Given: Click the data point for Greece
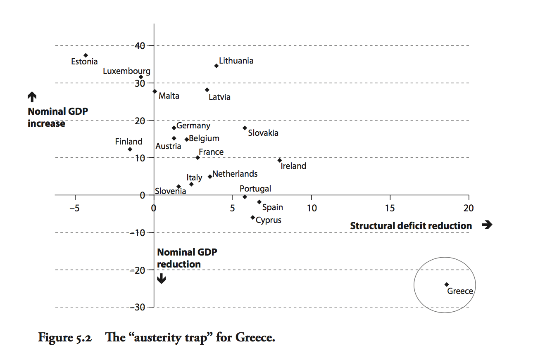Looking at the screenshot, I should click(x=447, y=284).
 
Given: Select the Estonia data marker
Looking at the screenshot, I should click(x=86, y=55).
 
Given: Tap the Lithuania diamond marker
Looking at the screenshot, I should click(x=216, y=66).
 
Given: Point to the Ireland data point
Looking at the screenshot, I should click(x=280, y=160).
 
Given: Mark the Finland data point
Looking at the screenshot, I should click(x=130, y=149).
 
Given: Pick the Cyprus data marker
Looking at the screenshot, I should click(x=252, y=217).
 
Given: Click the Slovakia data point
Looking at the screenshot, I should click(x=245, y=128).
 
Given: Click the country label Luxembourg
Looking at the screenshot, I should click(x=126, y=71).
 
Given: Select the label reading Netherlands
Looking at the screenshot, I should click(x=235, y=174).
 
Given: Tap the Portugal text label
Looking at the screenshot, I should click(x=255, y=189).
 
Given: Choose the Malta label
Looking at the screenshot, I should click(x=169, y=96).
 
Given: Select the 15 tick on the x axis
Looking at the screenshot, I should click(x=390, y=207).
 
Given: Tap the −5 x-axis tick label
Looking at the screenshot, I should click(x=75, y=207).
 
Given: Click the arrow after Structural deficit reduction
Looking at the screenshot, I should click(x=487, y=225).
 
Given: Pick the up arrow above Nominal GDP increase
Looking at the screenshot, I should click(x=32, y=97).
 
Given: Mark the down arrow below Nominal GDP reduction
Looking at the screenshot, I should click(x=162, y=279).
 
